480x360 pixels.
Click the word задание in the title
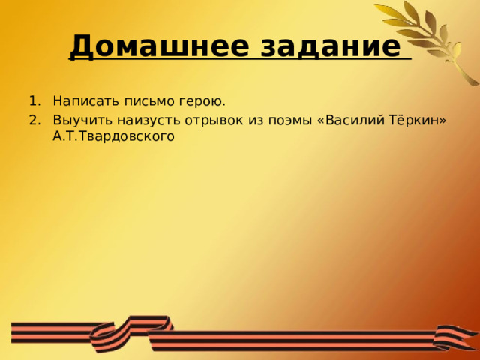(330, 46)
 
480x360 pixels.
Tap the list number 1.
(32, 101)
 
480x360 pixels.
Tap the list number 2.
(32, 120)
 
